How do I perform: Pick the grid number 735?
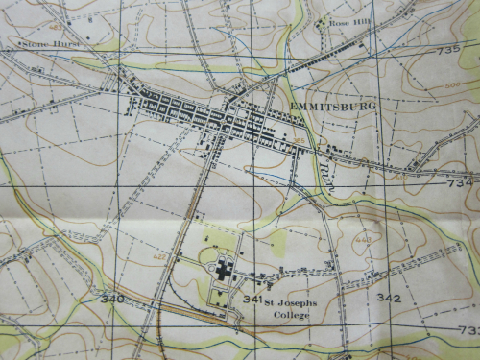(x=447, y=50)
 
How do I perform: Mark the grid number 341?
(x=252, y=300)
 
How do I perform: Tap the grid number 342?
(x=388, y=299)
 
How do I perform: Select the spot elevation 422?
(x=158, y=258)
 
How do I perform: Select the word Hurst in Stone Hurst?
(x=60, y=43)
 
